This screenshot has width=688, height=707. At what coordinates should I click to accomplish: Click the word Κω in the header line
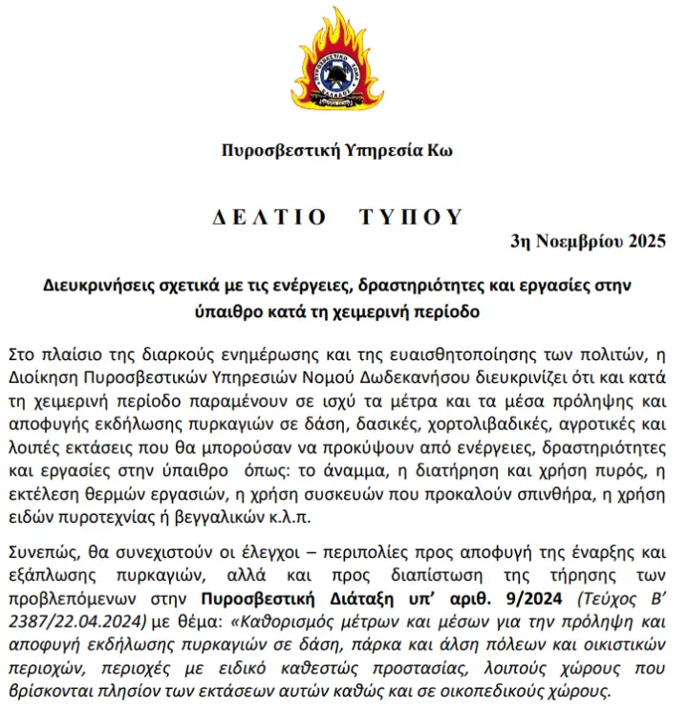click(441, 151)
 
